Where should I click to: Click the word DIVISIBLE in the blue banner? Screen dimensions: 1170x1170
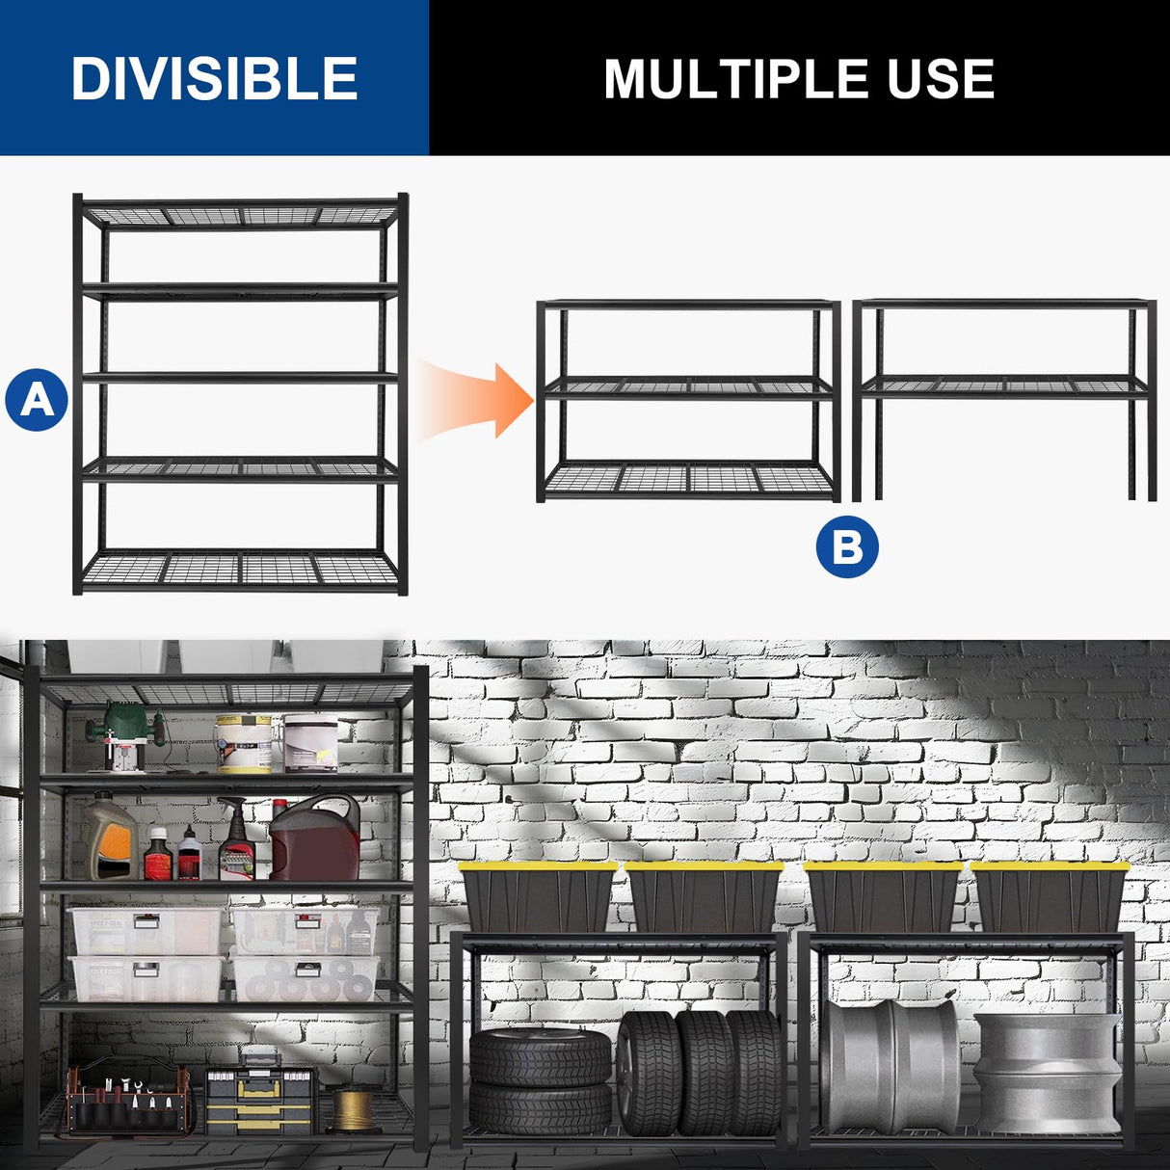click(x=214, y=79)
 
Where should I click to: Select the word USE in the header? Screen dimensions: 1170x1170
click(x=940, y=79)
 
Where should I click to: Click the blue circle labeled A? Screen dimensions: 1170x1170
click(x=37, y=399)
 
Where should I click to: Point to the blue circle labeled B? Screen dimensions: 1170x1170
click(x=847, y=546)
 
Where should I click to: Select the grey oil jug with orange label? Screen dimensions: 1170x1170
click(x=110, y=838)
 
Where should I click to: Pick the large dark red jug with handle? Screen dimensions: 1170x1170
click(x=314, y=838)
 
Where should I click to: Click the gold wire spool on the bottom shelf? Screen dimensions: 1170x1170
click(x=353, y=1109)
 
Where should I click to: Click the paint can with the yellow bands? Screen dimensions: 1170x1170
click(x=244, y=743)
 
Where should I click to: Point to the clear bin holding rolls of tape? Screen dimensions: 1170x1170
click(x=304, y=979)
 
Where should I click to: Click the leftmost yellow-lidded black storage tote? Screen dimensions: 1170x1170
click(x=538, y=897)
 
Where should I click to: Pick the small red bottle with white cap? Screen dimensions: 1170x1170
click(x=158, y=855)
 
